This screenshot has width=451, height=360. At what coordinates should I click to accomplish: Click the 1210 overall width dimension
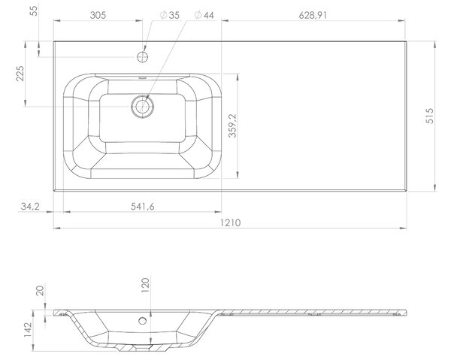(230, 223)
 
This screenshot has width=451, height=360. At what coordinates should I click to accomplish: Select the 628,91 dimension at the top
(313, 15)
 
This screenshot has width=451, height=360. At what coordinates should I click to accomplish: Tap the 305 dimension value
(98, 15)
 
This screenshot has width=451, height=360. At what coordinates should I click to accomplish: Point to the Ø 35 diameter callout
(170, 15)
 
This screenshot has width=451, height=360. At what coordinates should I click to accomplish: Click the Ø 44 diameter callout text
(204, 15)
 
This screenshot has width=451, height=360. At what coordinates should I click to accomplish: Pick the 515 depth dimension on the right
(429, 116)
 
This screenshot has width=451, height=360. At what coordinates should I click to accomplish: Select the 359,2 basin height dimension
(232, 126)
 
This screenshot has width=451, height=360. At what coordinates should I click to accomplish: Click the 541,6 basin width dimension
(142, 207)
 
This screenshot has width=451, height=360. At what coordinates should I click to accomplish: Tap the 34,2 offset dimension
(30, 206)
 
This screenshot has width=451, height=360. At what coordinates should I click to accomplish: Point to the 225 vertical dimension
(20, 74)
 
